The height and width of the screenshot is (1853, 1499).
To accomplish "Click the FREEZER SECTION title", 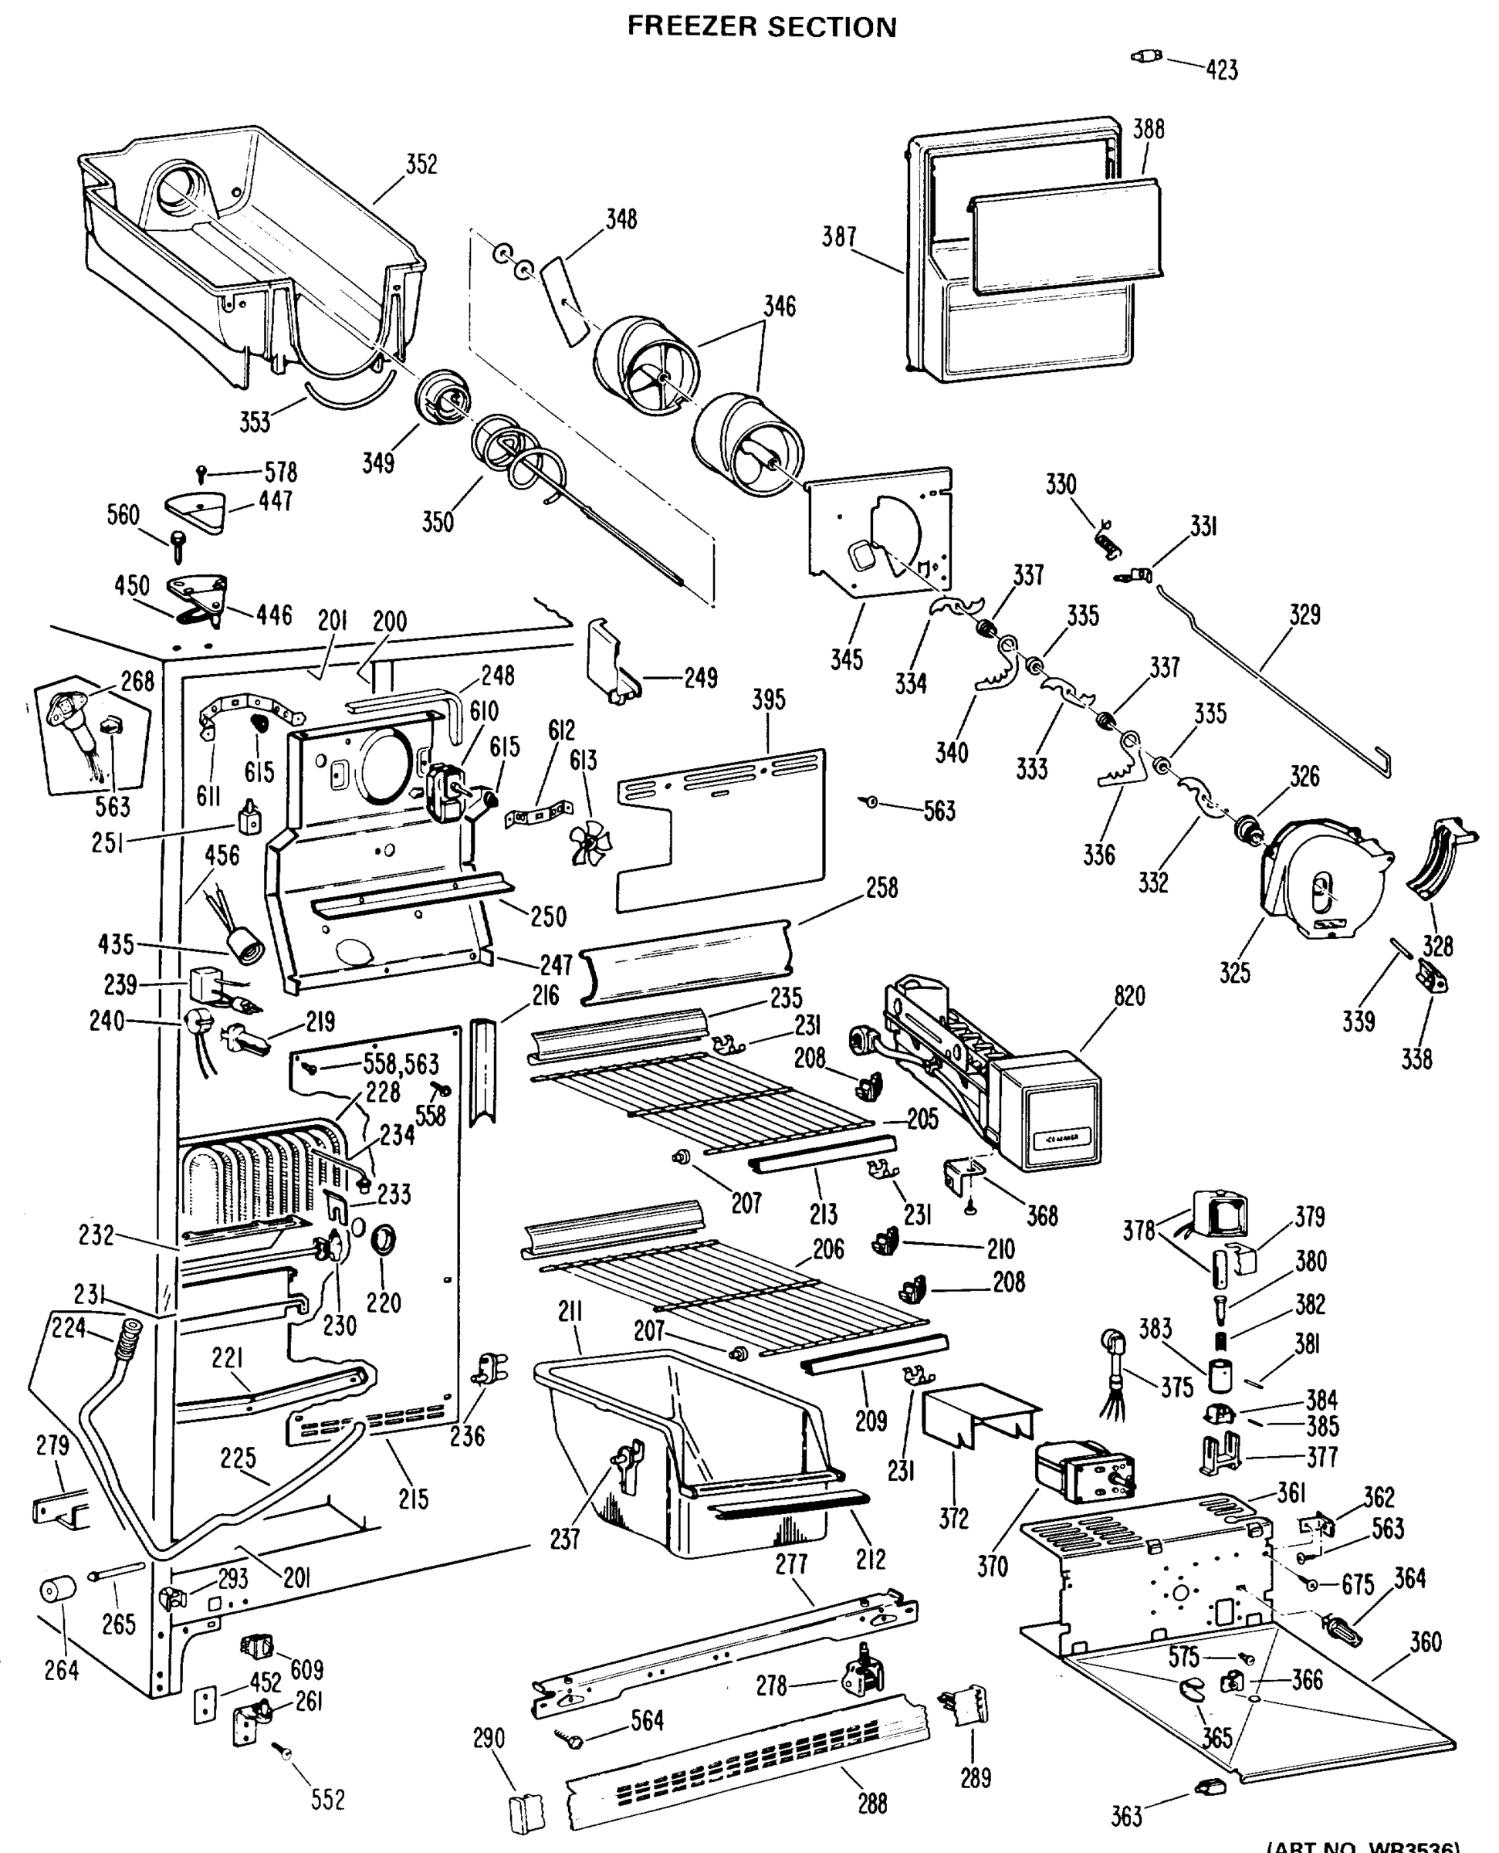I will [x=761, y=27].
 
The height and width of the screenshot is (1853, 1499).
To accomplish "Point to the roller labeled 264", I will [x=58, y=1590].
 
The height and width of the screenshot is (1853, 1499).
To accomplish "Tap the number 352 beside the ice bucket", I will [x=421, y=164].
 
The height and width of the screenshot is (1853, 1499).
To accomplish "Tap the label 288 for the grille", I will [x=872, y=1804].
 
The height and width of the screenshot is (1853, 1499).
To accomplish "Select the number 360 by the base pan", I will [x=1425, y=1641].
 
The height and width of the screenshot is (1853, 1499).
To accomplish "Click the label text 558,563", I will [x=401, y=1064].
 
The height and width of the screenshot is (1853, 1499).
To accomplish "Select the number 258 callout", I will [x=881, y=888].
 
